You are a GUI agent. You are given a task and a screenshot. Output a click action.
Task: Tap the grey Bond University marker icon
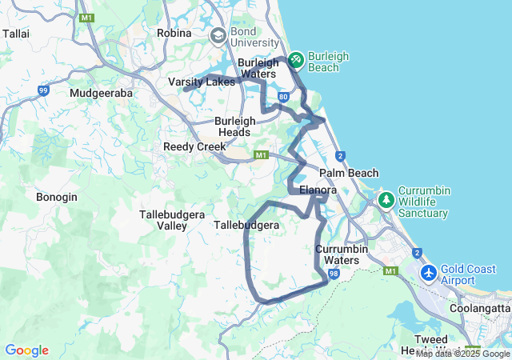(218, 36)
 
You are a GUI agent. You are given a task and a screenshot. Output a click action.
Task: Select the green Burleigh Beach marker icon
(295, 58)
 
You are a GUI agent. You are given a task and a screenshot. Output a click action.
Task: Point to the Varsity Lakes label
(202, 82)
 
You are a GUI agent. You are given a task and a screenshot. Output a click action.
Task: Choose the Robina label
(174, 33)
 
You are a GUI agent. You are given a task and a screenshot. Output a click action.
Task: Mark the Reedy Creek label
(194, 147)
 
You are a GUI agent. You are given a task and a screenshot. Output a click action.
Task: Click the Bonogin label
(57, 197)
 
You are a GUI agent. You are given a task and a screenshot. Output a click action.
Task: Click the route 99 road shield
(43, 91)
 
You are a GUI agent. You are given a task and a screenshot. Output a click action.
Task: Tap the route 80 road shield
(283, 97)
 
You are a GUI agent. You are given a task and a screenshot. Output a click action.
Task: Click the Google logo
(26, 350)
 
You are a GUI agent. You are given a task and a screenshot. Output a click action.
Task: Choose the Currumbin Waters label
(342, 254)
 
